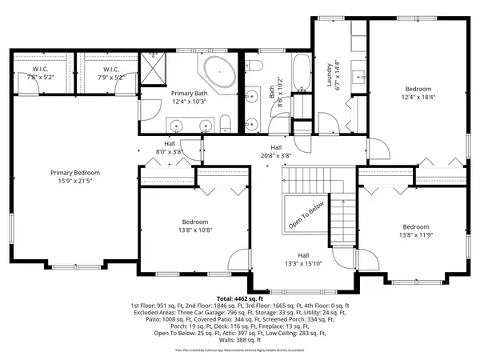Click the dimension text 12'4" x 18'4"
[x=418, y=98]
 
